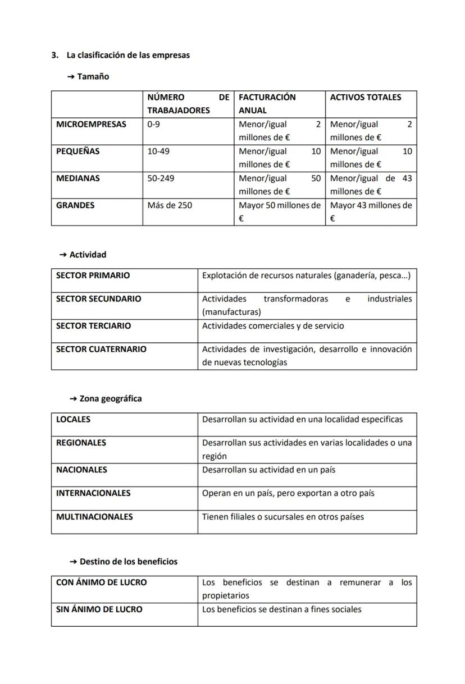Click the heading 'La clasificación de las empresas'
pos(128,55)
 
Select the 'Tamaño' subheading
pos(93,76)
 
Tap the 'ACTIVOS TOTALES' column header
pos(366,97)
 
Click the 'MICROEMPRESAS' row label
pos(91,124)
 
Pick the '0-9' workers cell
pos(153,124)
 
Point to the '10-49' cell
pos(158,151)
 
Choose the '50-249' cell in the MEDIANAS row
pos(161,178)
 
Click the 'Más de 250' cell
pos(170,205)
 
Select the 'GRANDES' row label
pos(75,205)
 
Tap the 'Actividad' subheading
pos(87,254)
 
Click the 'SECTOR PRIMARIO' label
pos(93,275)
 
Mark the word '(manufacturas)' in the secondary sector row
pos(231,312)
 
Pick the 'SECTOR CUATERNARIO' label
pos(101,349)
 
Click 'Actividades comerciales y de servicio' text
pos(273,325)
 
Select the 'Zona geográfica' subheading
pos(110,398)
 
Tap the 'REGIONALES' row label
pos(81,442)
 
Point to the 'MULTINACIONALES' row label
pos(94,516)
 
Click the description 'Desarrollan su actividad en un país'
pos(268,469)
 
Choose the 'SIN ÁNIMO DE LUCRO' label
pos(99,609)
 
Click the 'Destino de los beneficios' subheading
pos(128,561)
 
